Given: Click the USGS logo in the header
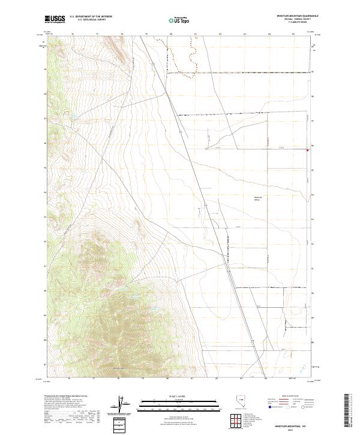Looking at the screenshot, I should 55,19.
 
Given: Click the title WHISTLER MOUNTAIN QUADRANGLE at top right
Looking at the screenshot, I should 297,16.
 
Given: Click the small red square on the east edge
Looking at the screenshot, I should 308,150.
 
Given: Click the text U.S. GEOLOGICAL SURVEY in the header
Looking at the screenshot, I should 88,20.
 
